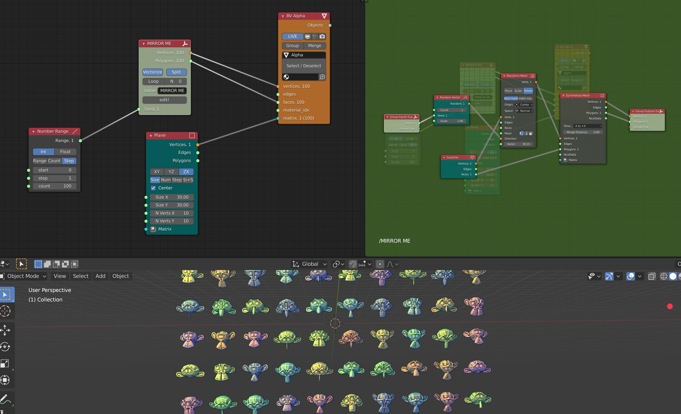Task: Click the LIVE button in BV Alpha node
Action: point(292,36)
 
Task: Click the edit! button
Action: point(165,100)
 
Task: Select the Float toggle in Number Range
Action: point(65,152)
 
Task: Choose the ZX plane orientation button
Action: point(186,172)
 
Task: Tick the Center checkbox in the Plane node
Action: point(153,188)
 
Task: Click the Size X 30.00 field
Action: point(171,197)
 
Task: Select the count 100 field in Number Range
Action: point(54,186)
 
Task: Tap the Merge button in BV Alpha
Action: point(315,46)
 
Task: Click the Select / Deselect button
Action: point(304,66)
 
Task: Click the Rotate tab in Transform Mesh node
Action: point(528,91)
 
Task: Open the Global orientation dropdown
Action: point(310,264)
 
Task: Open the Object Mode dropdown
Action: point(24,276)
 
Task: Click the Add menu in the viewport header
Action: point(100,276)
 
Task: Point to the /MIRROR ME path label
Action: point(394,241)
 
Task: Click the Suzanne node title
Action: point(452,157)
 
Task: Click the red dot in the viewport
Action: point(670,306)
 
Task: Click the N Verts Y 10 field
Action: point(171,221)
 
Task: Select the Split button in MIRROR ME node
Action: point(176,72)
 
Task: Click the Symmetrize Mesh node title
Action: point(577,96)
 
